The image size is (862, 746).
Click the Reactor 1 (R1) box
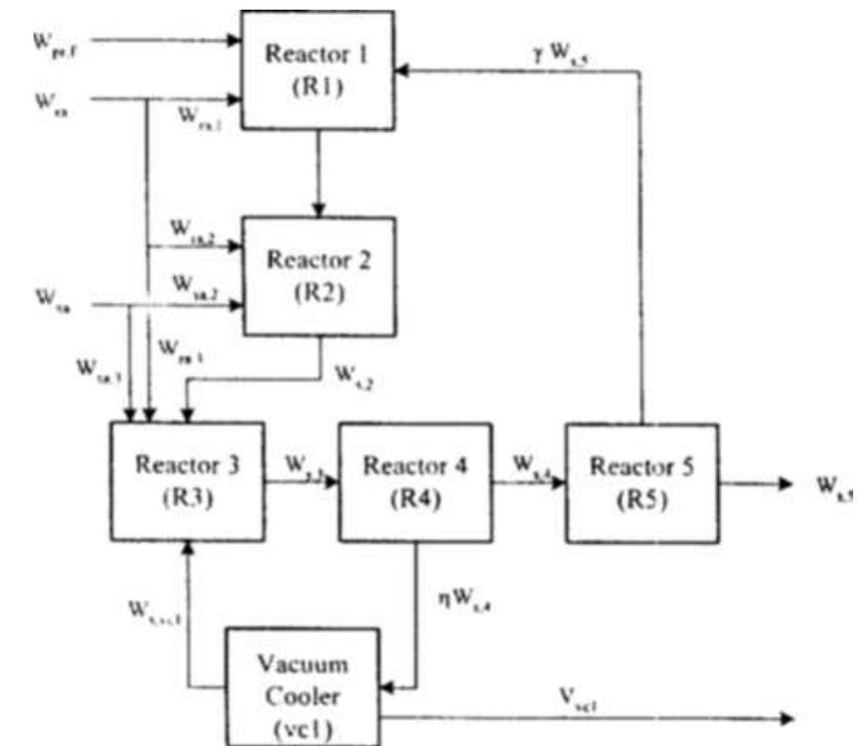[x=317, y=71]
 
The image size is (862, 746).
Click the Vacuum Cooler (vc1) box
[x=304, y=684]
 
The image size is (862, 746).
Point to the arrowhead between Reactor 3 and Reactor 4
[x=333, y=481]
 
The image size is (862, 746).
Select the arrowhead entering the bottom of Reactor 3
[x=185, y=546]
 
